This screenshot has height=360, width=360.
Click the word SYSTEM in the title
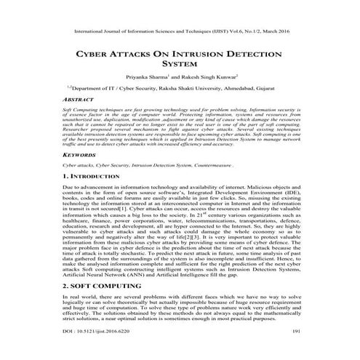pyautogui.click(x=180, y=64)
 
